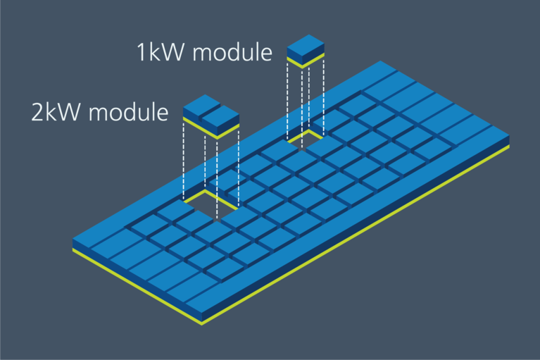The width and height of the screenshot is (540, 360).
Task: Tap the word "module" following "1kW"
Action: pos(232,52)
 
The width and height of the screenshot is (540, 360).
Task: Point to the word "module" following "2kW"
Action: pos(127,112)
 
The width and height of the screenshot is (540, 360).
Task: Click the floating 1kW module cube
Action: pos(306,48)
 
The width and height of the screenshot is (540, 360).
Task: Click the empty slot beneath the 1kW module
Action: pos(305,139)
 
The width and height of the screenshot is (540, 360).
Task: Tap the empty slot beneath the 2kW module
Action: pos(211,204)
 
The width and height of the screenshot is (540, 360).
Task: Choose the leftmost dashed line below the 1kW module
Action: pos(289,99)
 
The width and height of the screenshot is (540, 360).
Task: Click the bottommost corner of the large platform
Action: pos(203,322)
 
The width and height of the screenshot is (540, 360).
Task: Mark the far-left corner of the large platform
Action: pos(74,244)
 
